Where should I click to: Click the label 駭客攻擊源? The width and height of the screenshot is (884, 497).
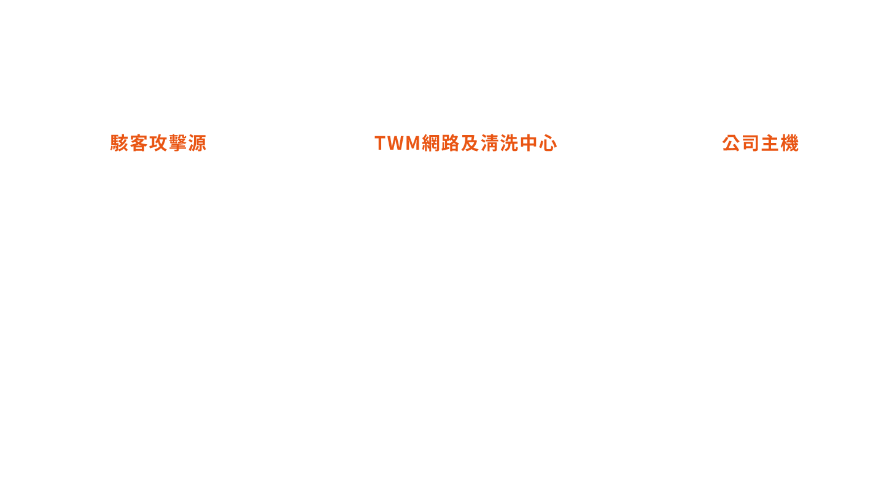158,143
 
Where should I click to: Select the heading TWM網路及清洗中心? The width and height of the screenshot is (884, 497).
466,143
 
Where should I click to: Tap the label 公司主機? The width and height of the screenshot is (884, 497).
761,143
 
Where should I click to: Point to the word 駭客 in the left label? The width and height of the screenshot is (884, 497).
130,143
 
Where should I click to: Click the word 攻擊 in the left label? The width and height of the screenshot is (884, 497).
168,143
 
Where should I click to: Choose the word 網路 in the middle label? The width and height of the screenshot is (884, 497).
441,143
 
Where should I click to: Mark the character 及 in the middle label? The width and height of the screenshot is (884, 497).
470,143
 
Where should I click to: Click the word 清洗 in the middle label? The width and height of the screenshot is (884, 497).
499,143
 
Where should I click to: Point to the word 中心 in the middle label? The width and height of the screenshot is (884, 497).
538,143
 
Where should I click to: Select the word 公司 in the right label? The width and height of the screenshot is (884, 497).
741,143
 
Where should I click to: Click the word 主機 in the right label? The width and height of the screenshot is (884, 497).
780,143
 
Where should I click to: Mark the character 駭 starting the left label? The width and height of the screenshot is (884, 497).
120,143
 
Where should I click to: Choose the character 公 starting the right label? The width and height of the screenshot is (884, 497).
731,143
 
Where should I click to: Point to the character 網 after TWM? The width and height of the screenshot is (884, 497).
431,143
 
